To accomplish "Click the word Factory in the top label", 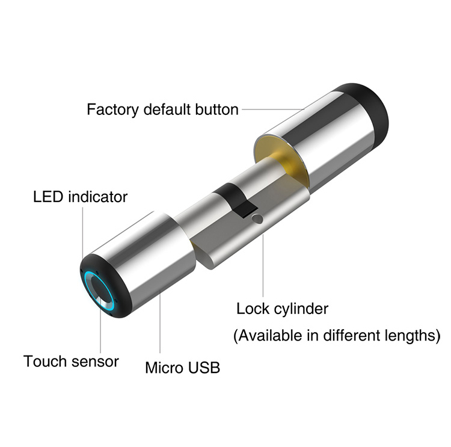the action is pyautogui.click(x=113, y=109).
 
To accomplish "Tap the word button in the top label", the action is pyautogui.click(x=217, y=109).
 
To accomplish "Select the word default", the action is pyautogui.click(x=167, y=109).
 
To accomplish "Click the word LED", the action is pyautogui.click(x=48, y=197).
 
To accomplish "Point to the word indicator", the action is pyautogui.click(x=98, y=197).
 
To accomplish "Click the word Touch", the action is pyautogui.click(x=45, y=361).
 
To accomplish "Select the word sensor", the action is pyautogui.click(x=95, y=362).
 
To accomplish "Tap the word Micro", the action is pyautogui.click(x=164, y=368).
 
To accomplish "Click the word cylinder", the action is pyautogui.click(x=301, y=309).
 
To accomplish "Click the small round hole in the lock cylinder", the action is pyautogui.click(x=257, y=220).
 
